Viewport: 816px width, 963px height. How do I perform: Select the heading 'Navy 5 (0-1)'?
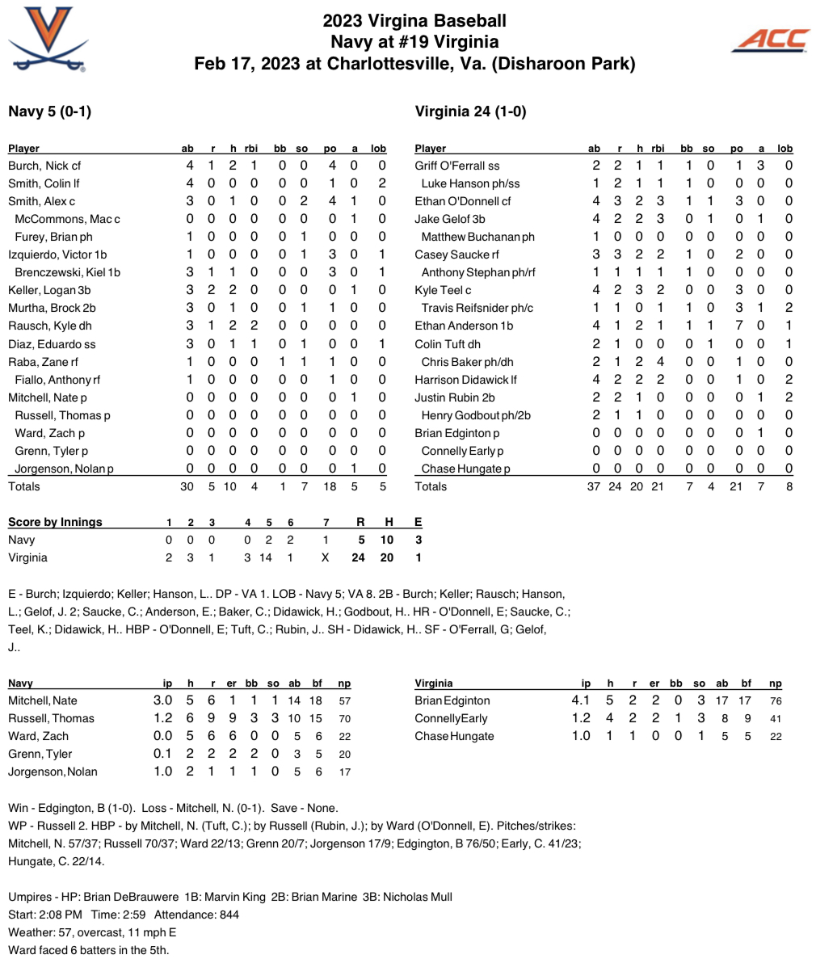pyautogui.click(x=49, y=111)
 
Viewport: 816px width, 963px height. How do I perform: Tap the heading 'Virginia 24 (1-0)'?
pyautogui.click(x=470, y=111)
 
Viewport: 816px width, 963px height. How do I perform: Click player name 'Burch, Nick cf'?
pyautogui.click(x=44, y=166)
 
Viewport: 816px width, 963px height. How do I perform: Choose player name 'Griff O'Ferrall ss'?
pyautogui.click(x=456, y=166)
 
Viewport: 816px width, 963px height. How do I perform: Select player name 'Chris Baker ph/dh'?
pyautogui.click(x=467, y=361)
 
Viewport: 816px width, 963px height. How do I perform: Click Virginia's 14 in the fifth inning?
pyautogui.click(x=265, y=557)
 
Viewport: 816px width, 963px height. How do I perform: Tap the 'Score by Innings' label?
pyautogui.click(x=55, y=522)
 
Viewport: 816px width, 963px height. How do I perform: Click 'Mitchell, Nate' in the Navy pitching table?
pyautogui.click(x=43, y=700)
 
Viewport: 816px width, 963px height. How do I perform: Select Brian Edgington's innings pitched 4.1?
pyautogui.click(x=581, y=700)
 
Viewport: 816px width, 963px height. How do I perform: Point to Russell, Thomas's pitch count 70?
pyautogui.click(x=345, y=718)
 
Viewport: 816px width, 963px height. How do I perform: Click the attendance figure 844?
pyautogui.click(x=229, y=915)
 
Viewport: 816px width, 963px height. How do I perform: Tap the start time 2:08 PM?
pyautogui.click(x=65, y=915)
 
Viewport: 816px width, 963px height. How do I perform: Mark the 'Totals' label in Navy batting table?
pyautogui.click(x=24, y=486)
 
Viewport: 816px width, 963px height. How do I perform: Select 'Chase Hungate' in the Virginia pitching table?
pyautogui.click(x=454, y=736)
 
